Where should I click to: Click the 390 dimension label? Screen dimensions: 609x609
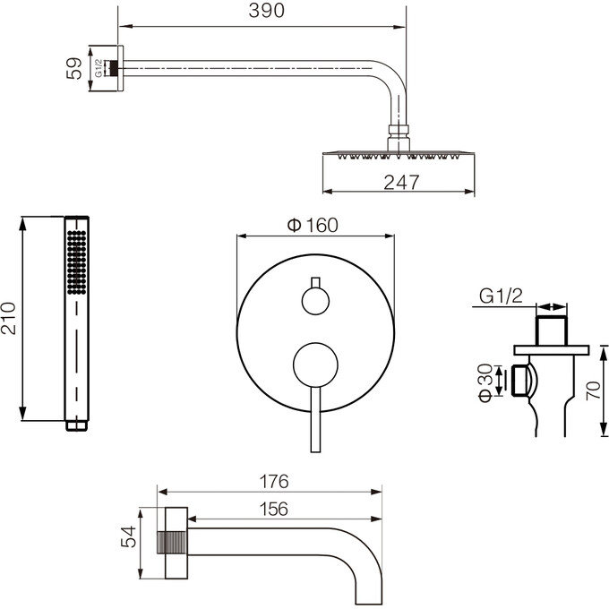click(x=267, y=11)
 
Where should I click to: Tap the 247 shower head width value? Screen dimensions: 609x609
click(x=401, y=182)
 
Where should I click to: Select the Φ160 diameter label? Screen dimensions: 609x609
click(x=313, y=226)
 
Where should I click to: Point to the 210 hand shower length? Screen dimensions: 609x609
click(x=9, y=318)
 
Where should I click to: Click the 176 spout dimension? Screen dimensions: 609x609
click(x=274, y=482)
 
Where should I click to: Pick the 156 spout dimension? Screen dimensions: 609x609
click(x=274, y=509)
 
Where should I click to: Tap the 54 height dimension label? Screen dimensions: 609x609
click(x=129, y=536)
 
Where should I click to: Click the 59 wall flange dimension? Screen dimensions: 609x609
click(x=74, y=68)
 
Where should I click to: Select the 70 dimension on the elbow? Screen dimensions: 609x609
click(x=594, y=390)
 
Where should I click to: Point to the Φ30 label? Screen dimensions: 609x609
click(x=485, y=382)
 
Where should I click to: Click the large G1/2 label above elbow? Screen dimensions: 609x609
click(x=501, y=296)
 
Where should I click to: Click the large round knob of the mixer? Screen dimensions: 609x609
click(x=315, y=365)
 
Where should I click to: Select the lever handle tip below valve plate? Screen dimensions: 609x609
click(x=316, y=450)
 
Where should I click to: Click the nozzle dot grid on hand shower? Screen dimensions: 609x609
click(x=76, y=262)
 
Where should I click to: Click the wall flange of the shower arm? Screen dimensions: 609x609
click(x=120, y=68)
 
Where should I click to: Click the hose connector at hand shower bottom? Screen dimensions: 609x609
click(x=76, y=425)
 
